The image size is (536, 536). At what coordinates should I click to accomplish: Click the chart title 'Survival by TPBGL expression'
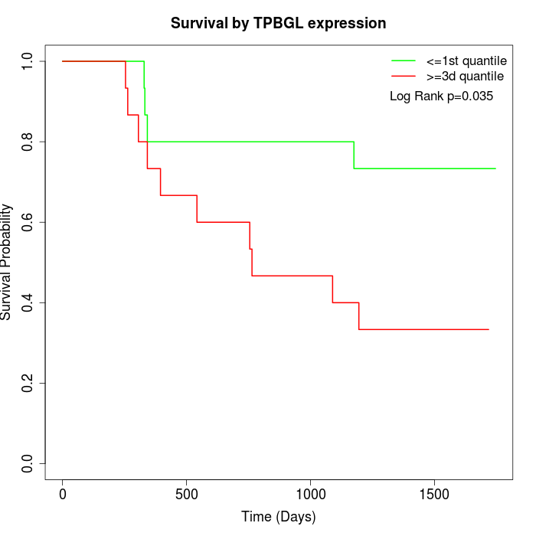[x=278, y=23]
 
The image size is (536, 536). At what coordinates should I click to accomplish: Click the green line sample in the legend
[x=404, y=60]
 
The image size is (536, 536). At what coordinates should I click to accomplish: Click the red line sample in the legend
[x=404, y=77]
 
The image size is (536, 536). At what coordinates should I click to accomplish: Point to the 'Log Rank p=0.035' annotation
[x=441, y=96]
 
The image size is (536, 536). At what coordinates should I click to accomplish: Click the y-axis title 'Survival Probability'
[x=7, y=262]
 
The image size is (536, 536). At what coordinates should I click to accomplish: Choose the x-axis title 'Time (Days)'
[x=278, y=517]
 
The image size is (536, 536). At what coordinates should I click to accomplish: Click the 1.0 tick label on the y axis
[x=28, y=61]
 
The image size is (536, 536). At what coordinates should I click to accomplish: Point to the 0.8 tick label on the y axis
[x=28, y=142]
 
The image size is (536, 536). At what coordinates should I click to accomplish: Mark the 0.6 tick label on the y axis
[x=28, y=222]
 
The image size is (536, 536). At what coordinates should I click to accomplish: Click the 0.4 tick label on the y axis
[x=28, y=302]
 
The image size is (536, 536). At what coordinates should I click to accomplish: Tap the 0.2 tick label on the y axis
[x=28, y=383]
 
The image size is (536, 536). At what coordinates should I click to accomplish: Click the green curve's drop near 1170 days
[x=354, y=155]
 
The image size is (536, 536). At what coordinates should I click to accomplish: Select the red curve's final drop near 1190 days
[x=358, y=316]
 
